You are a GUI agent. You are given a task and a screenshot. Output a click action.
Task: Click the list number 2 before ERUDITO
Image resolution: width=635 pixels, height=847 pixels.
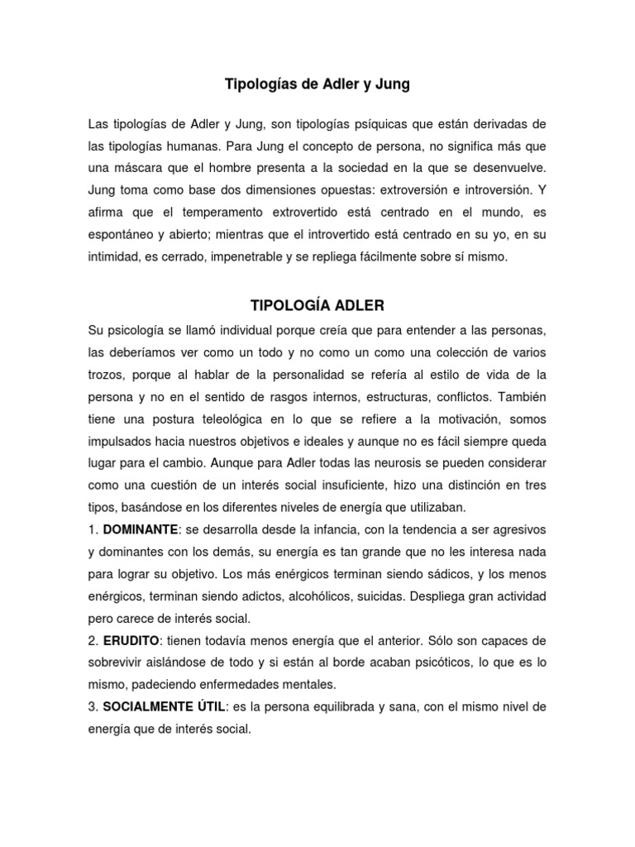tap(92, 640)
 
